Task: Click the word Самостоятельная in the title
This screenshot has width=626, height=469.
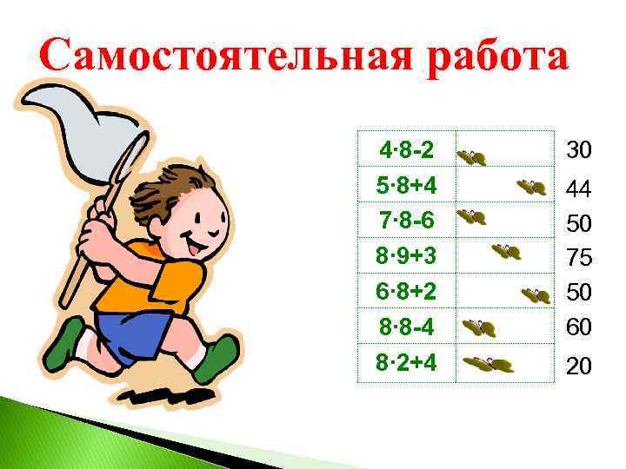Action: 225,56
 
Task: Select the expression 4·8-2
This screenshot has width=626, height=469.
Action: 407,151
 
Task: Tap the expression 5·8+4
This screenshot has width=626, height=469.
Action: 407,187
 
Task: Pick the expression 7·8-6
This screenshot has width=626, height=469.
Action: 407,222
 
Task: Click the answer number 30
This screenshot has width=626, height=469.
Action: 579,151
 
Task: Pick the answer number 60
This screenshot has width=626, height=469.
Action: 579,327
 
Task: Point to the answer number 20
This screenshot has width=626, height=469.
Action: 579,367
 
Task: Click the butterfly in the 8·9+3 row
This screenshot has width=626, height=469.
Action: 507,252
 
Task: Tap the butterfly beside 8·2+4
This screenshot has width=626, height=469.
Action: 489,364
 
